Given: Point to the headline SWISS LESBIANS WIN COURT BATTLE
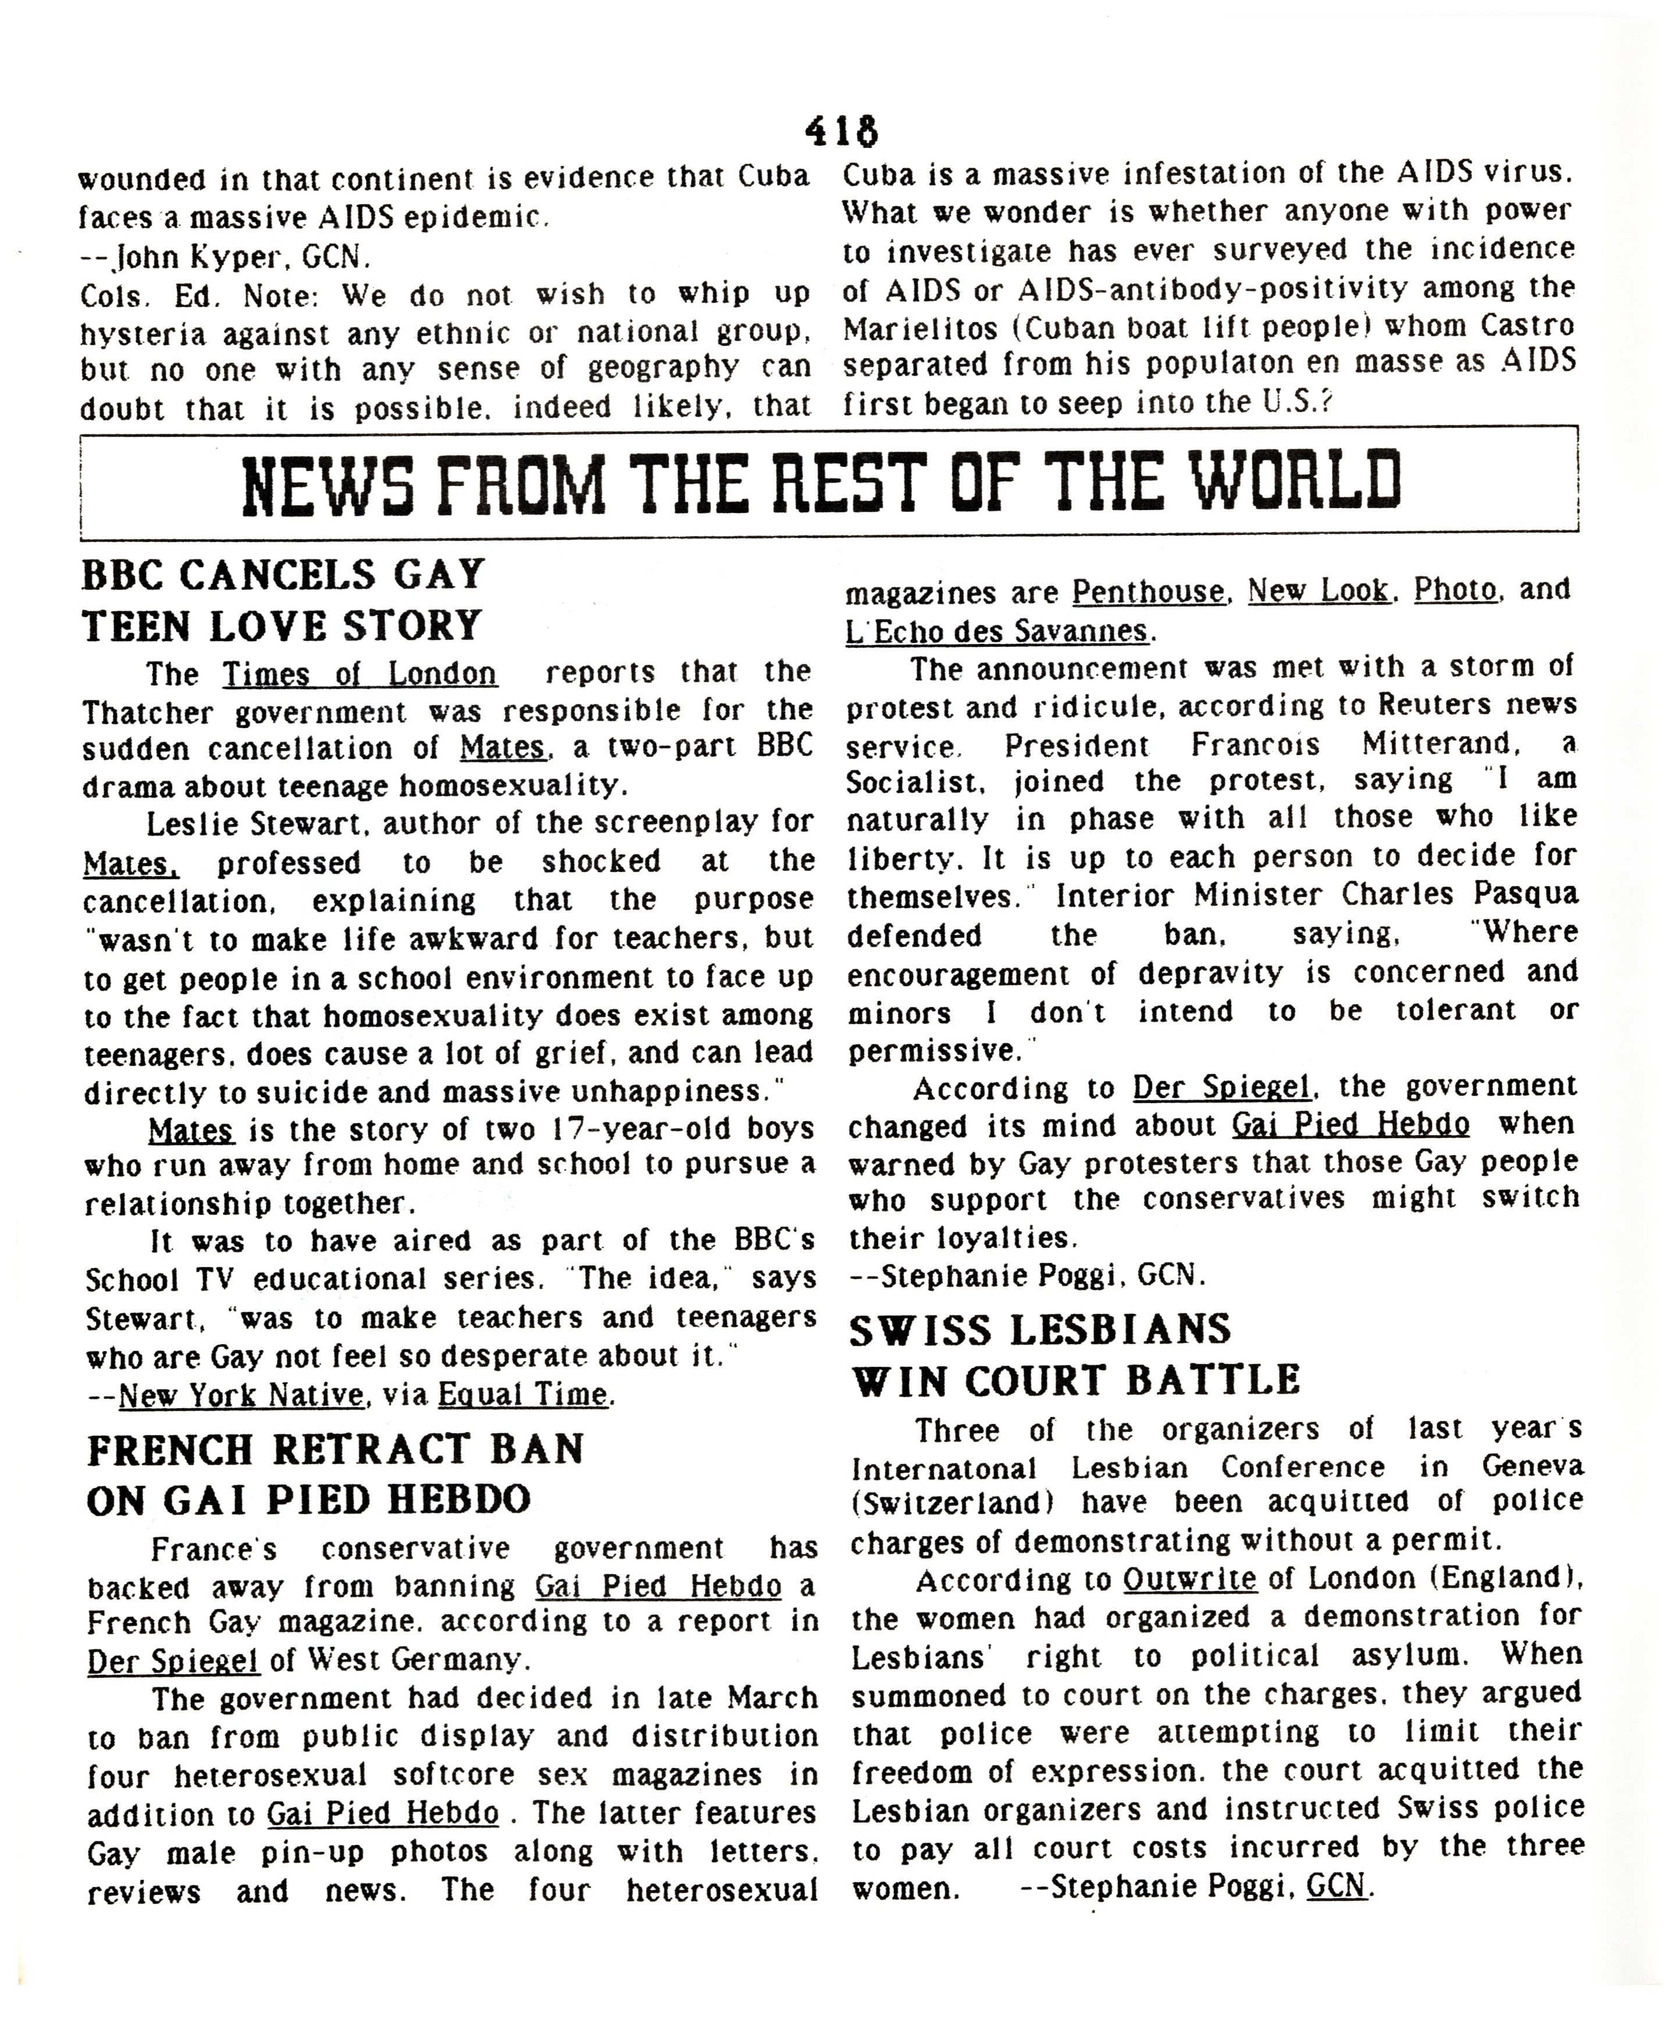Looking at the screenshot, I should (x=1075, y=1355).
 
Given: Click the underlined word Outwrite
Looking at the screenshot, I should (x=1189, y=1579).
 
